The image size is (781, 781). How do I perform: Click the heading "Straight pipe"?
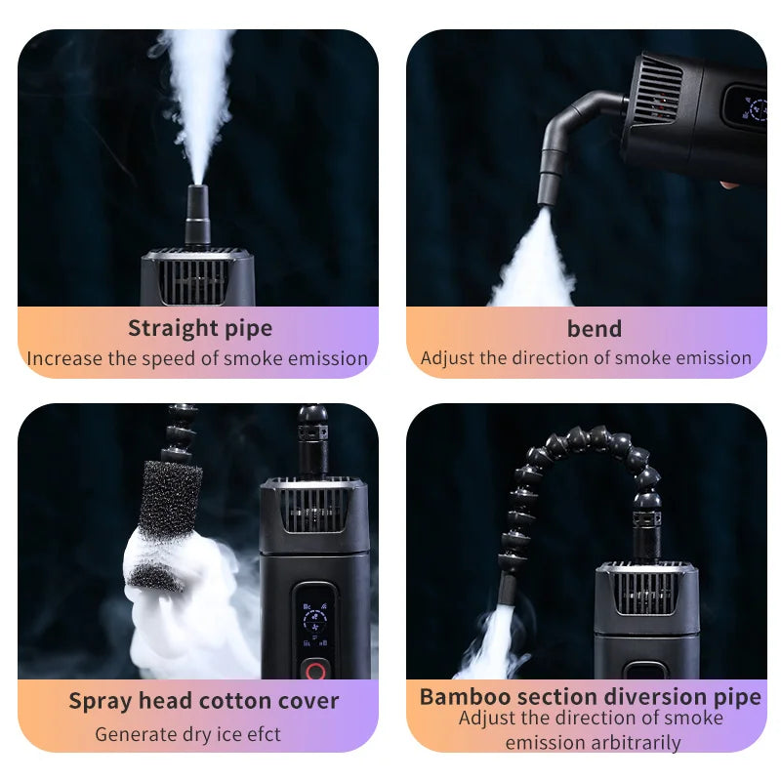point(199,328)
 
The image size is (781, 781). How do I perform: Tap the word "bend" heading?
point(594,328)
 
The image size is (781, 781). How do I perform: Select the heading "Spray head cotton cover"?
point(203,701)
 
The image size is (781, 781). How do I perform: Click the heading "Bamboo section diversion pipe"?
point(590,697)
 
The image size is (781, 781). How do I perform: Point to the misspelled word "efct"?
point(262,734)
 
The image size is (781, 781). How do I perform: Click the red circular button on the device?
point(314,671)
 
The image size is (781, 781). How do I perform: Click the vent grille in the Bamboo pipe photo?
point(645,592)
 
